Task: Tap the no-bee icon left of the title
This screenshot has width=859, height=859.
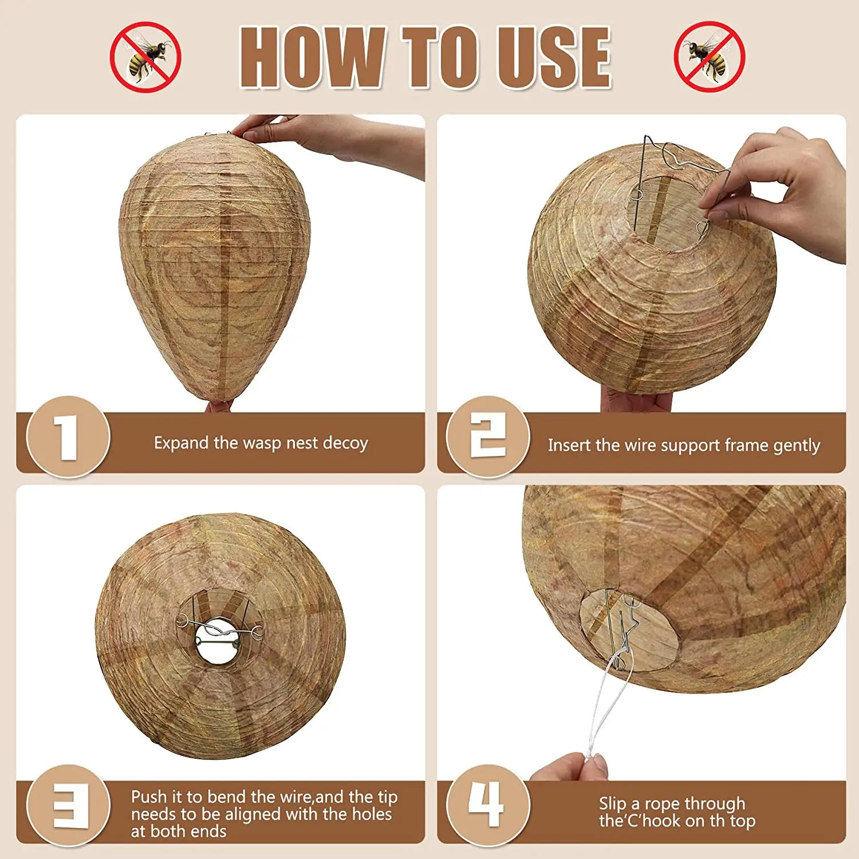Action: [145, 57]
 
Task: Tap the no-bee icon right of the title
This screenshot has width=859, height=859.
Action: [710, 57]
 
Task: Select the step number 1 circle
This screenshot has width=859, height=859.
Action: [68, 436]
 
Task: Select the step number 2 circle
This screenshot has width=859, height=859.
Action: [488, 436]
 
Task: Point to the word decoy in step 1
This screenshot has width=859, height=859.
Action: [345, 444]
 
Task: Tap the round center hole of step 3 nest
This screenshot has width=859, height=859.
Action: [218, 641]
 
